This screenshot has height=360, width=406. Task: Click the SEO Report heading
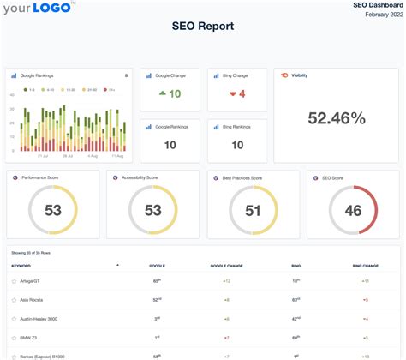203,26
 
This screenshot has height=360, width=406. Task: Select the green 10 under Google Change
174,93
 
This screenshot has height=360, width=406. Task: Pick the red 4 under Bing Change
242,93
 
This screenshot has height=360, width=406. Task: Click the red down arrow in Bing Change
230,93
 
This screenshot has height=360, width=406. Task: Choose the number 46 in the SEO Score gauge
353,211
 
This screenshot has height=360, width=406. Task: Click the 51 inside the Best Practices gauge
253,211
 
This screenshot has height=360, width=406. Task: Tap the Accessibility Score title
140,177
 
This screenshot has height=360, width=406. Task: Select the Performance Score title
40,177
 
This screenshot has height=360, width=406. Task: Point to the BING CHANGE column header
365,266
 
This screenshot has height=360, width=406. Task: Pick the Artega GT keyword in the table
31,280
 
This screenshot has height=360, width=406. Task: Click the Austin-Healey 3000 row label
39,318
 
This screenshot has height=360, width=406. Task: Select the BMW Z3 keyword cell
28,337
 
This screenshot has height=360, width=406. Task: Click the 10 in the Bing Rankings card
236,144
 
